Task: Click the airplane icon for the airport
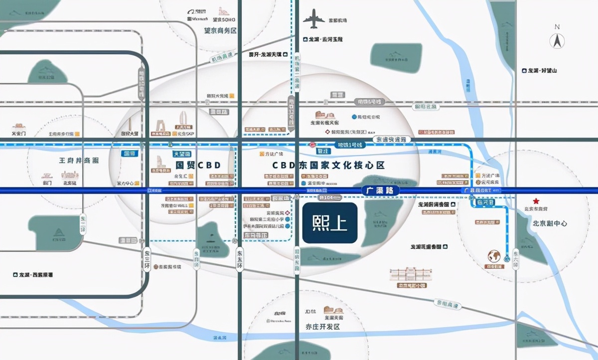point(313,19)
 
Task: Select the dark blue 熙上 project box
point(329,223)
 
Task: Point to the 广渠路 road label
point(379,190)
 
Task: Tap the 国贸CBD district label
point(197,165)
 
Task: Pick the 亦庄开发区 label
point(322,327)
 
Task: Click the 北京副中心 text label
point(550,223)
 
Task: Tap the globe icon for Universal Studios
point(494,256)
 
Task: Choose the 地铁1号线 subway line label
point(349,145)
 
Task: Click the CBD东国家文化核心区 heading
point(328,165)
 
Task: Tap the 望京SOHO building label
point(224,19)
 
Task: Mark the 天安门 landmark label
point(19,134)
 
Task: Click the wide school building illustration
point(411,275)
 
